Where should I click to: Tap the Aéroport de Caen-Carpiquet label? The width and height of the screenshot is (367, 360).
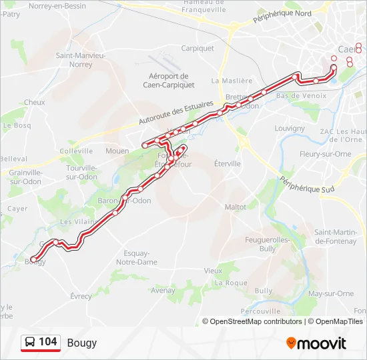169,81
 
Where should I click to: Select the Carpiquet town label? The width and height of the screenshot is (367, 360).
198,48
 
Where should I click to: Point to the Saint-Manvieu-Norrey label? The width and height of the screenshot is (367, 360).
80,60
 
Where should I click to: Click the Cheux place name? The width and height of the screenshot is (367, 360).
34,103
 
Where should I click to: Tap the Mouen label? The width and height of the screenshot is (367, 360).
117,151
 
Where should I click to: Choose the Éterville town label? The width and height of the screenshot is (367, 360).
228,163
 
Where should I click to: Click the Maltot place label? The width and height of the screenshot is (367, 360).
236,207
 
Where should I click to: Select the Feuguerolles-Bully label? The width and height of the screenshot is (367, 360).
268,243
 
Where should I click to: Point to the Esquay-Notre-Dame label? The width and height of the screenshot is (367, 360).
137,257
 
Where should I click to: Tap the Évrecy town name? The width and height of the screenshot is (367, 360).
81,296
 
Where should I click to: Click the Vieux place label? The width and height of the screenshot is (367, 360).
213,271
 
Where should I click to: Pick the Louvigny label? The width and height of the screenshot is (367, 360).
289,128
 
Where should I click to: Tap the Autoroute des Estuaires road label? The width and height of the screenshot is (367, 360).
176,114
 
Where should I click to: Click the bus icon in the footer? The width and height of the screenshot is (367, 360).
30,343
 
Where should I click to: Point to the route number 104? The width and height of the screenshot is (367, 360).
48,342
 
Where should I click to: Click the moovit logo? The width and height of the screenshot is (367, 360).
316,343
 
